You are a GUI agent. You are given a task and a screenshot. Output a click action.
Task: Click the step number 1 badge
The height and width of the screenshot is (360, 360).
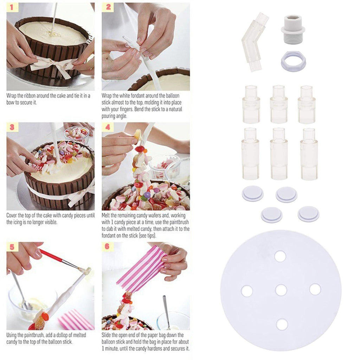tap(11, 8)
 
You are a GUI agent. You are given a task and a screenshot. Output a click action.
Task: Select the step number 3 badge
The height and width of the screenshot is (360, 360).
tap(12, 127)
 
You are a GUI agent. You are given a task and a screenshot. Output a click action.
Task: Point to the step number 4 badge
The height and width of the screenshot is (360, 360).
tap(108, 127)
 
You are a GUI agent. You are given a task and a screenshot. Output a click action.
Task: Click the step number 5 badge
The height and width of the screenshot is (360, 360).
tap(12, 247)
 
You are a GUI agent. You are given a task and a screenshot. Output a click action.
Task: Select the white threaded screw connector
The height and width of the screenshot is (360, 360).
tap(293, 30)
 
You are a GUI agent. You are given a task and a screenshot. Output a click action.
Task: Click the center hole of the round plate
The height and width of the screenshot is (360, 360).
tap(281, 290)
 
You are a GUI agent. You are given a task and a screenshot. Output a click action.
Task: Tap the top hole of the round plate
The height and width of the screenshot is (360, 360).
tap(280, 256)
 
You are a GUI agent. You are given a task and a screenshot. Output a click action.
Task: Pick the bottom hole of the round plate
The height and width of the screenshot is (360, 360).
tap(282, 324)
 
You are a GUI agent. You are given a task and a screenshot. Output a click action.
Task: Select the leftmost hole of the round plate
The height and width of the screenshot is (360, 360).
tap(247, 291)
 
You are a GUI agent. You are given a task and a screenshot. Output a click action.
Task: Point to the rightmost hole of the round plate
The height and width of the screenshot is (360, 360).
tap(315, 289)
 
